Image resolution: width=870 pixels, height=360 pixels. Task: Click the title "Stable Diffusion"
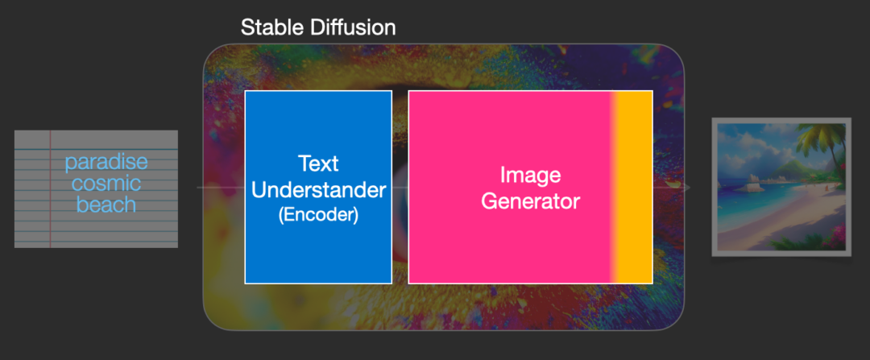(318, 27)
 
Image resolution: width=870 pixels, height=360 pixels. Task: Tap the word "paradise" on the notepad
(106, 163)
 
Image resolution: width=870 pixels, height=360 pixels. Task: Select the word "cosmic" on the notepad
(106, 184)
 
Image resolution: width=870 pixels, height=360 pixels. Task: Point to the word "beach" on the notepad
(106, 205)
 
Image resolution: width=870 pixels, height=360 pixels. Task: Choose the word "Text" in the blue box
(318, 163)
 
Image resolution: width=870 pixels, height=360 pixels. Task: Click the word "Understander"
(318, 190)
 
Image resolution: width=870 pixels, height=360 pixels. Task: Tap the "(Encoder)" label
(318, 215)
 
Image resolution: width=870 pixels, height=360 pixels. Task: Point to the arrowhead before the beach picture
(686, 188)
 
